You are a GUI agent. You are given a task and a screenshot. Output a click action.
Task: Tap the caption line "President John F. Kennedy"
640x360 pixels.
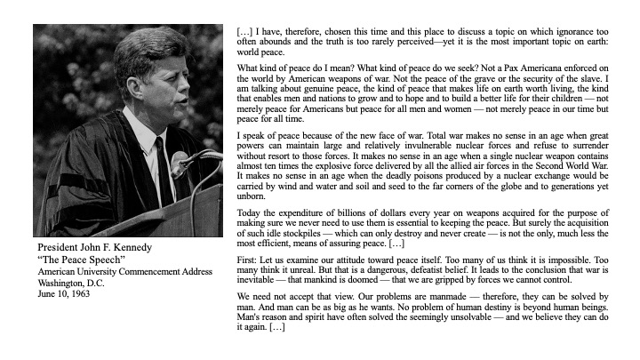tap(95, 246)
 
